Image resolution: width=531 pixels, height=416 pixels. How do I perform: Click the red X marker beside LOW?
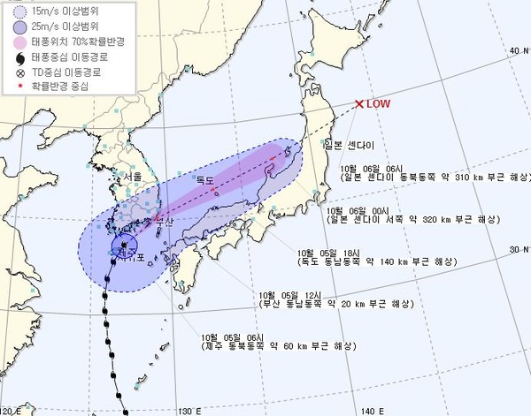[358, 104]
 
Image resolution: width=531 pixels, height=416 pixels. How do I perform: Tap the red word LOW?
[379, 104]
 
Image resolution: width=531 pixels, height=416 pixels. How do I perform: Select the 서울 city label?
[134, 178]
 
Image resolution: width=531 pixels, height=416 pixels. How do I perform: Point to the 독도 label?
[207, 180]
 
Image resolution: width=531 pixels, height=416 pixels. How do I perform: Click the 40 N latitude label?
[517, 50]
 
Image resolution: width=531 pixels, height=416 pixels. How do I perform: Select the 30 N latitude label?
[517, 250]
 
